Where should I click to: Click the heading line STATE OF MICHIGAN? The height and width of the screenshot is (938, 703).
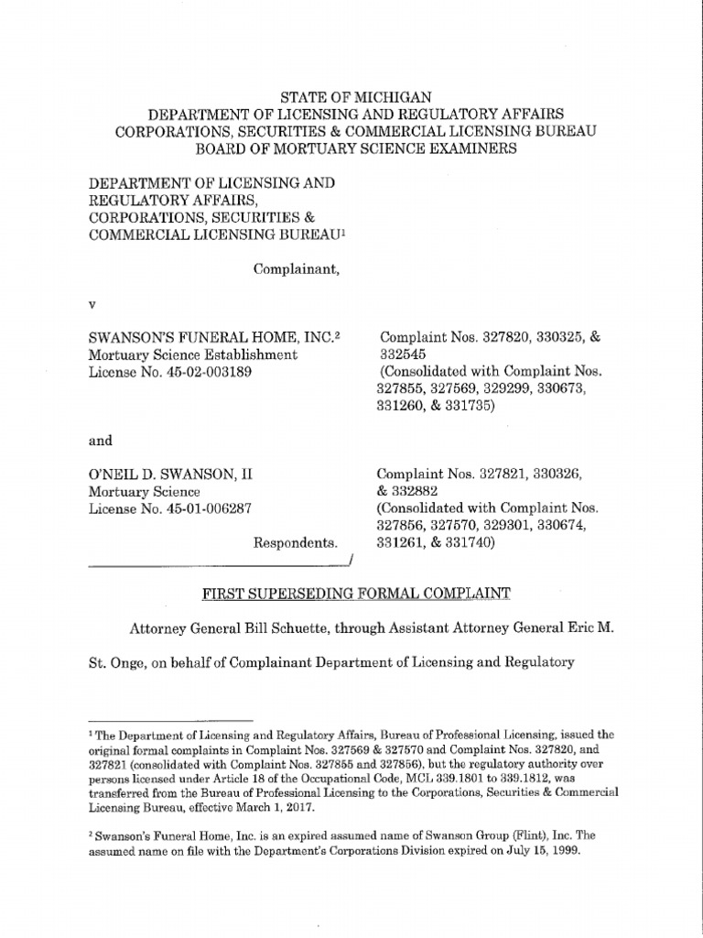[x=355, y=96]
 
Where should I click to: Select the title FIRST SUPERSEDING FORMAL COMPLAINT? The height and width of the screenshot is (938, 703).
[x=355, y=594]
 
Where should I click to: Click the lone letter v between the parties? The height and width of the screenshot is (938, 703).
[x=91, y=303]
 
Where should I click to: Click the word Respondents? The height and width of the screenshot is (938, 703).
[x=296, y=543]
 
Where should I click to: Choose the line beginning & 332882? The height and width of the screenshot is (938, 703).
[x=409, y=491]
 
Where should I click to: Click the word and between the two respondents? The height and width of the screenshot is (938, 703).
[x=100, y=441]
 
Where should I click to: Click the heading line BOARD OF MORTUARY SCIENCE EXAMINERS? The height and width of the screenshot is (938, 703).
[x=355, y=148]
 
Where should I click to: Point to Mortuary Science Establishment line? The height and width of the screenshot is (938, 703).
[x=193, y=354]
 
